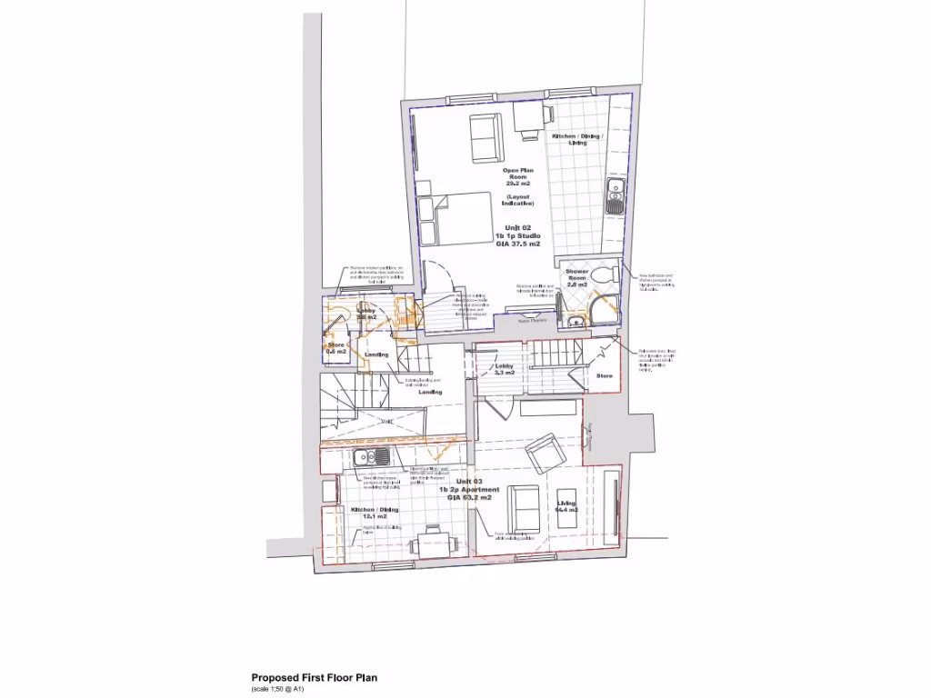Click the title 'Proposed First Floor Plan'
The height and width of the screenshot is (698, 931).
click(x=314, y=677)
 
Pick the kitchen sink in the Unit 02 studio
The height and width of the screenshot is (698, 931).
click(x=616, y=194)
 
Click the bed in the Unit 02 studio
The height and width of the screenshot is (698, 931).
click(x=455, y=219)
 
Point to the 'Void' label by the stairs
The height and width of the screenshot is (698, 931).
click(x=386, y=421)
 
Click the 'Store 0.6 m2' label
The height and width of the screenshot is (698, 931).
click(x=334, y=348)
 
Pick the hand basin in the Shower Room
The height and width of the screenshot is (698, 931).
click(x=573, y=319)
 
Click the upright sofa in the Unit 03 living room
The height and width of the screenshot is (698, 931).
click(x=524, y=509)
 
